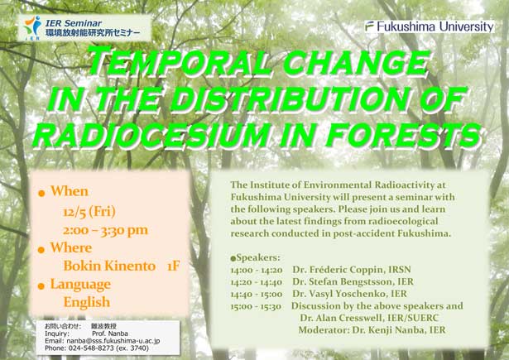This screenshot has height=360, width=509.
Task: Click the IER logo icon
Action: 32,28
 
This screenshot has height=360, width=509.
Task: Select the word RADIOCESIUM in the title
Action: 151,133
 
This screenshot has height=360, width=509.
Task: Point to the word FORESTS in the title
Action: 403,134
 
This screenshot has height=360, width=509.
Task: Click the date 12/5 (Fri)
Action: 89,212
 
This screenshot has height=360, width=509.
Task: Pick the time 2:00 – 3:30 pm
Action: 105,230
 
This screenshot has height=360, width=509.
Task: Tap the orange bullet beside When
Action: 41,194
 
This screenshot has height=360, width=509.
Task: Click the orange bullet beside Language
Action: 41,286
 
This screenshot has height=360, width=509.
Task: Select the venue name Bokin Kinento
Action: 109,266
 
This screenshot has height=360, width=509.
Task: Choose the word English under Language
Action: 87,303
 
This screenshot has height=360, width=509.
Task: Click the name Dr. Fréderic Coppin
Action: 338,270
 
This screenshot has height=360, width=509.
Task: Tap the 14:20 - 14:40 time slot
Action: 257,281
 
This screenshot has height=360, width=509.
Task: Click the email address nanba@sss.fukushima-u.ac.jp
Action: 113,341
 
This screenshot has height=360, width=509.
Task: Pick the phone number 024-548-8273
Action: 91,348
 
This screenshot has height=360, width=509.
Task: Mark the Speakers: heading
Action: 255,257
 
